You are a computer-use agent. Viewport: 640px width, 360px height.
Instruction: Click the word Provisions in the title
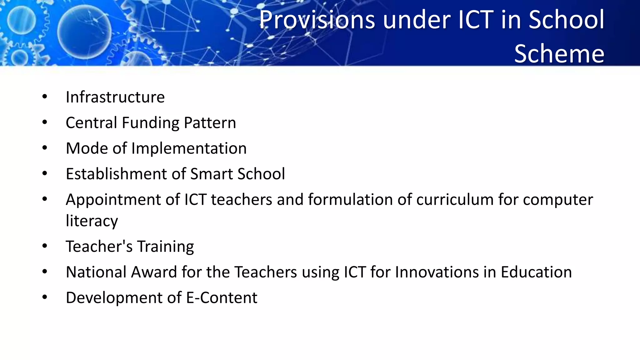pos(317,20)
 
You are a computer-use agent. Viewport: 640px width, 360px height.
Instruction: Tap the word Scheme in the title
pos(559,54)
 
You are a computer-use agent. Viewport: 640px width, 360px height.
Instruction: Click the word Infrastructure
pos(115,97)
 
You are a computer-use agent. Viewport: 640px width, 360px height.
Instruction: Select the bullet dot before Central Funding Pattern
pos(45,122)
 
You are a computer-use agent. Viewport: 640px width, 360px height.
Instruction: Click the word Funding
pos(150,123)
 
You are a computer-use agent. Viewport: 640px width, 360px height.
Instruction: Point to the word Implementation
pos(189,148)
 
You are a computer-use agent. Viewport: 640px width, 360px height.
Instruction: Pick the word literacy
pos(92,221)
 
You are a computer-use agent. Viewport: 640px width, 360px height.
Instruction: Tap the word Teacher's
pos(99,246)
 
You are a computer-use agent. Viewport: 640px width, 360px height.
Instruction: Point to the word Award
pos(154,272)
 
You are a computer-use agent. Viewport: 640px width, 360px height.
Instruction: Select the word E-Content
pos(222,297)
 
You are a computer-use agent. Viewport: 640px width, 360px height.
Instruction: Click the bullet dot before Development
pos(45,297)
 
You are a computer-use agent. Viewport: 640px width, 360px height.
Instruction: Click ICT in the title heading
pos(476,20)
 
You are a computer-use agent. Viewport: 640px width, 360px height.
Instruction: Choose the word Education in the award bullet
pos(536,272)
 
